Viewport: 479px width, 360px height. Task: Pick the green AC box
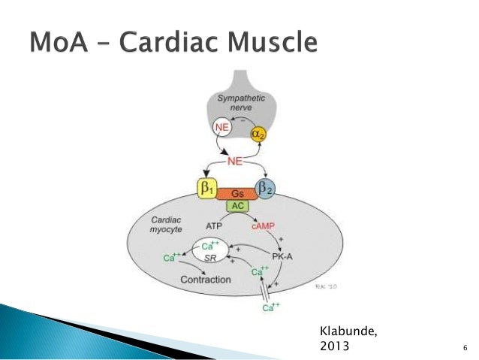click(236, 206)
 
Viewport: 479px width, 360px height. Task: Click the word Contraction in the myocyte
click(205, 280)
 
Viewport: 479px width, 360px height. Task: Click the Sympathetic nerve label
click(236, 104)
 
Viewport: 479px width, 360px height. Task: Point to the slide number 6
click(465, 347)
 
